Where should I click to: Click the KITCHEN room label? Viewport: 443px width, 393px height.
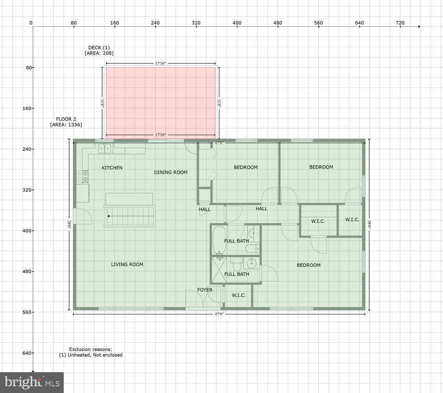point(112,168)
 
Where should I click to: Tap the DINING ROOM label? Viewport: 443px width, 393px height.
point(171,173)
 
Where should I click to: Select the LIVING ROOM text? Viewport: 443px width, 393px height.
point(127,264)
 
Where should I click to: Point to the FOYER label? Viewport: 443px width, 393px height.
point(204,290)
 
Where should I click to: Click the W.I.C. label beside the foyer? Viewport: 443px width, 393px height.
point(239,295)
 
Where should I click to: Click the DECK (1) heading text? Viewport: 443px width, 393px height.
point(99,48)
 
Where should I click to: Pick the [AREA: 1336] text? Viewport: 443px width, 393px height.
point(66,125)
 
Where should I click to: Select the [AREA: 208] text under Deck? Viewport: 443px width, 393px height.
point(99,53)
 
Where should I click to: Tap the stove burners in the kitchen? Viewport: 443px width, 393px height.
point(83,176)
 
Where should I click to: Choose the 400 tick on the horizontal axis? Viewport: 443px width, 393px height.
point(237,23)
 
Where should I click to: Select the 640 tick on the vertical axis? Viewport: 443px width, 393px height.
point(26,353)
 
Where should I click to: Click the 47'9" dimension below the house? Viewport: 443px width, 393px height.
point(219,314)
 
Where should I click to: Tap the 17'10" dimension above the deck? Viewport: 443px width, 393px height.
point(161,63)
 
